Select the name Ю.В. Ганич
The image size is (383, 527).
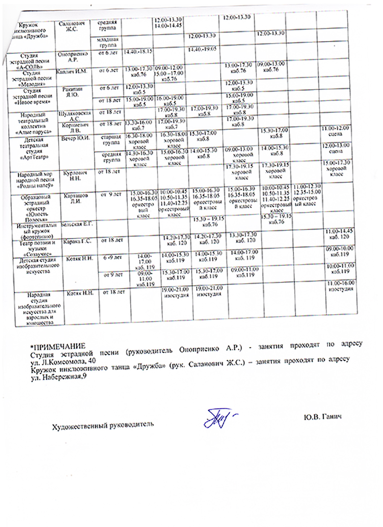click(323, 417)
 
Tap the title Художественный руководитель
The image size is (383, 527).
click(103, 425)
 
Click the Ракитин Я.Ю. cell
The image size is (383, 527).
click(72, 92)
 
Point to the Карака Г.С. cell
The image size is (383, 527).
click(77, 241)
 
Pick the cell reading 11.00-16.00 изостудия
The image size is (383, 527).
click(341, 286)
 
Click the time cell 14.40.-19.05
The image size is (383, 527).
click(202, 49)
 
